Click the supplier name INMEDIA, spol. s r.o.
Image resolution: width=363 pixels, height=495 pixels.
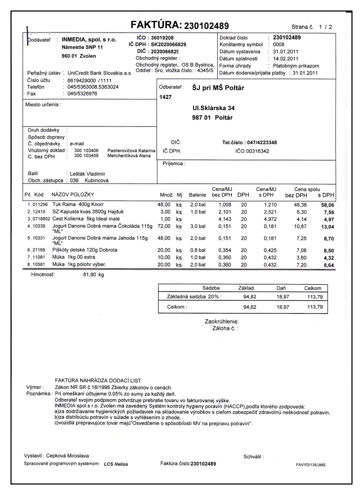point(89,39)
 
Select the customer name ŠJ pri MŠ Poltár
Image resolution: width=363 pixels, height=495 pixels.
point(210,88)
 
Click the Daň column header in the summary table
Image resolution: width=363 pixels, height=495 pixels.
point(282,288)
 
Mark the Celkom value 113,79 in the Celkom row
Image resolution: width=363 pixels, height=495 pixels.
point(314,306)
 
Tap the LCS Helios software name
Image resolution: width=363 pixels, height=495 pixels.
point(116,464)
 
